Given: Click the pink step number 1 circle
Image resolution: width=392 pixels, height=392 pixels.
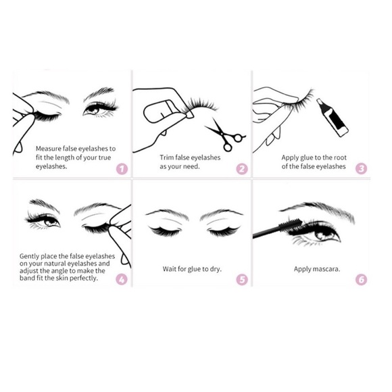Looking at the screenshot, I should [x=122, y=169].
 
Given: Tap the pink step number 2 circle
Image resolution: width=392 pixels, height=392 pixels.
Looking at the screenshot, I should [x=242, y=169].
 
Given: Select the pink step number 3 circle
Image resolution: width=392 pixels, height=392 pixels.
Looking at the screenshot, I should [x=361, y=169].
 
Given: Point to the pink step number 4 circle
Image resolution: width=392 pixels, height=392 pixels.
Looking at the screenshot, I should [x=122, y=278].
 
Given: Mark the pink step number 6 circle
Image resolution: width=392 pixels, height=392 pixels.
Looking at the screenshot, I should [x=361, y=278].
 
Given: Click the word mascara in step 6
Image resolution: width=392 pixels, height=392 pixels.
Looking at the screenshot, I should [x=324, y=268].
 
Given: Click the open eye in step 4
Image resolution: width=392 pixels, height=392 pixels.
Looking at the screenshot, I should [x=43, y=221].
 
